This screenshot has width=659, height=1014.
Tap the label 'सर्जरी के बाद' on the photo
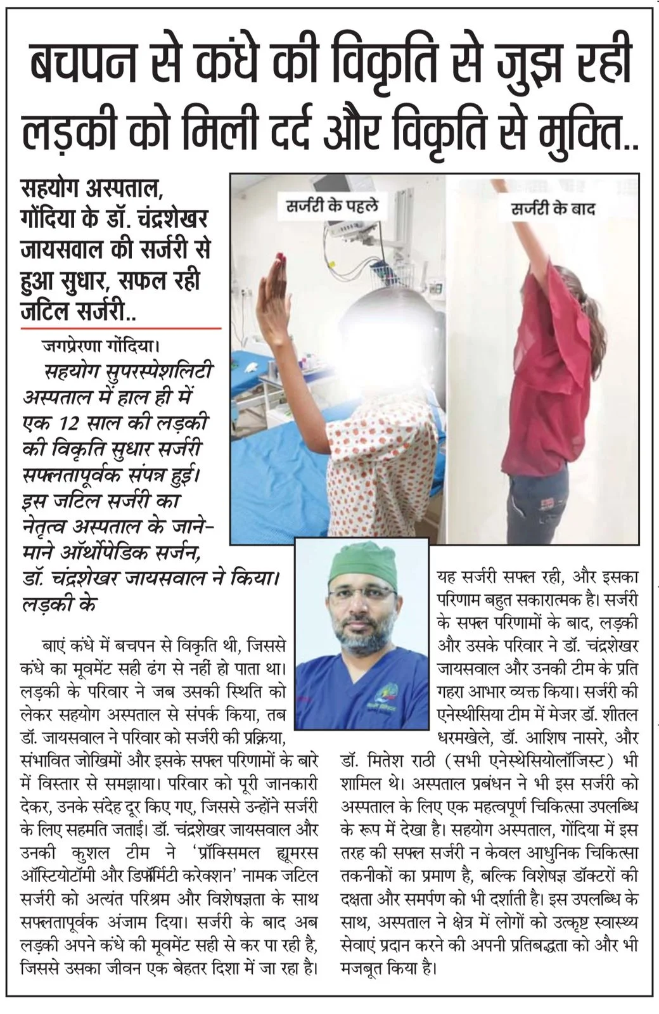553,209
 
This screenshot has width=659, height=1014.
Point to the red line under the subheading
120,328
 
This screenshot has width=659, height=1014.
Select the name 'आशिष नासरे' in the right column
566,738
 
